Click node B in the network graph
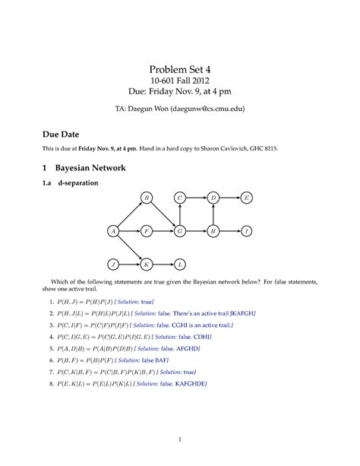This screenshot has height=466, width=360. (x=147, y=198)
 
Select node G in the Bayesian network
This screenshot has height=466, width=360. (x=180, y=230)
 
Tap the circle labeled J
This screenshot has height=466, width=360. (x=113, y=264)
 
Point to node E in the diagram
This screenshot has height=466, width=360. (x=247, y=198)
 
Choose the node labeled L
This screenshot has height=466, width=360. (x=180, y=264)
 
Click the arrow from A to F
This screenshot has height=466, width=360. (x=130, y=230)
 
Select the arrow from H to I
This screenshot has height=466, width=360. (x=230, y=230)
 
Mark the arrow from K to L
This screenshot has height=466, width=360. (x=163, y=264)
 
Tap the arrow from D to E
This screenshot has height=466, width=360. (x=230, y=198)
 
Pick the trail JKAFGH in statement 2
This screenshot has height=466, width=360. (x=241, y=312)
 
